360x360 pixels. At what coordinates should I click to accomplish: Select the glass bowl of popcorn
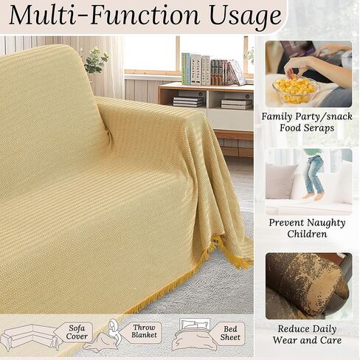pyautogui.click(x=296, y=90)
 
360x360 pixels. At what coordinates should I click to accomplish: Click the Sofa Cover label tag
pyautogui.click(x=74, y=332)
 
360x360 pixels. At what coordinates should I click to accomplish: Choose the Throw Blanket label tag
pyautogui.click(x=142, y=331)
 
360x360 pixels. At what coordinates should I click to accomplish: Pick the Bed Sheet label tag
pyautogui.click(x=227, y=333)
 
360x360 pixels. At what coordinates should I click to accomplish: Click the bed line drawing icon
pyautogui.click(x=194, y=334)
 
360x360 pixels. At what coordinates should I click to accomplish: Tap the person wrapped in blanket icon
pyautogui.click(x=103, y=336)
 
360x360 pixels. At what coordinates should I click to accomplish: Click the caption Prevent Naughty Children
pyautogui.click(x=307, y=228)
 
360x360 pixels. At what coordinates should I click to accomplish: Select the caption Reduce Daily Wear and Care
pyautogui.click(x=307, y=334)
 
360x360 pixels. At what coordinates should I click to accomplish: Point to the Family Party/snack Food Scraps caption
pyautogui.click(x=307, y=122)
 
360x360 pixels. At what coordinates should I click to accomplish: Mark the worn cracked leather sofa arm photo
pyautogui.click(x=308, y=286)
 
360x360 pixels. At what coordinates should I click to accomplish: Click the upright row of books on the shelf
pyautogui.click(x=212, y=69)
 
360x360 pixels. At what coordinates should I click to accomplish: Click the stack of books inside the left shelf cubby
pyautogui.click(x=188, y=102)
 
